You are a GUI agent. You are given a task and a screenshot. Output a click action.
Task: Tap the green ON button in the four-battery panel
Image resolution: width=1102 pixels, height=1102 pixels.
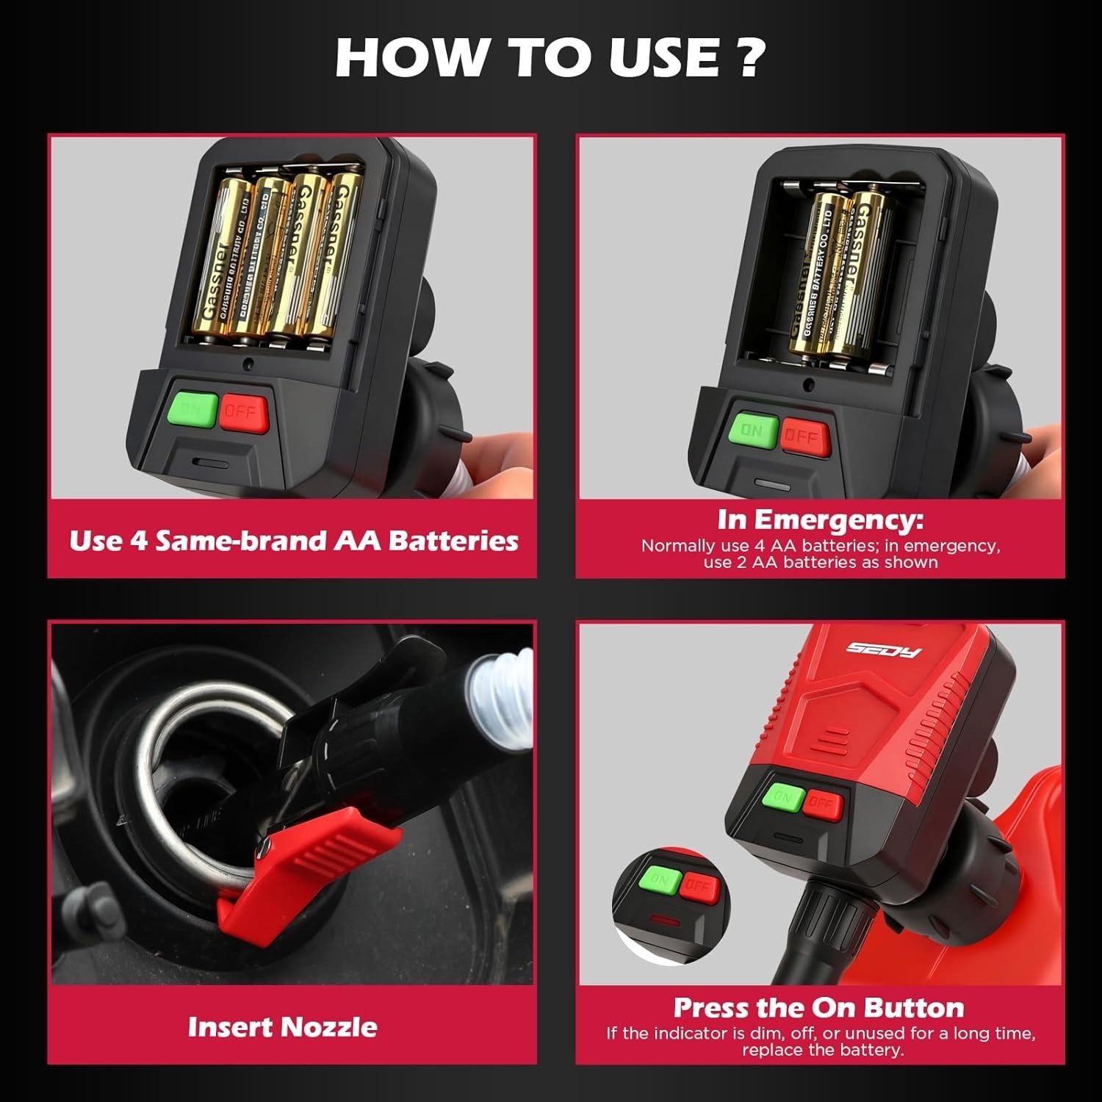click(x=193, y=409)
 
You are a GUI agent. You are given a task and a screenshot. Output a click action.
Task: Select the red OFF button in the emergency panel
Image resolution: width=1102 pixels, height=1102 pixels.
click(x=804, y=436)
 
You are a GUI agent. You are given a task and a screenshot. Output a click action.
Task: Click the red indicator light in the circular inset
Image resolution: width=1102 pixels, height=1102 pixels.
click(x=663, y=919)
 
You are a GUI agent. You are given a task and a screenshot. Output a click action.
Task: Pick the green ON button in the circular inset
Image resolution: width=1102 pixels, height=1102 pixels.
click(x=658, y=881)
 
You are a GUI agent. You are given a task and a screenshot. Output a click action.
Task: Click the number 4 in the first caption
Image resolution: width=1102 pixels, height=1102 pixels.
click(x=138, y=541)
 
